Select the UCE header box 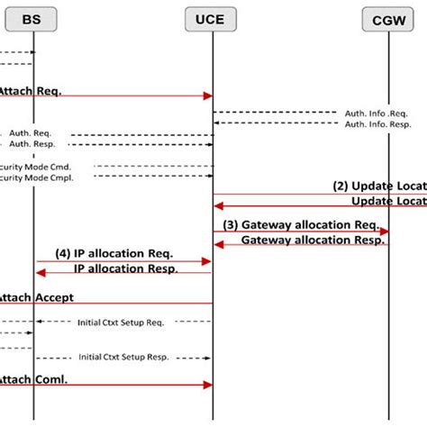point(213,19)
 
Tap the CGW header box point(388,19)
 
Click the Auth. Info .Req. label point(379,113)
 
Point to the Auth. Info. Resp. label point(379,124)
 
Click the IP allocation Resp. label point(125,268)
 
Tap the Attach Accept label point(36,296)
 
